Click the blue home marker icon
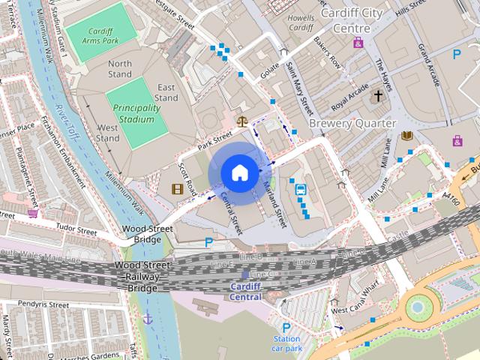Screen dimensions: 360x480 [x=238, y=172]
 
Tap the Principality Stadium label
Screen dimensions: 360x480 [x=136, y=113]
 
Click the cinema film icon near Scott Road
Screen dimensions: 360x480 [x=178, y=188]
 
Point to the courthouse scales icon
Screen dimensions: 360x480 [x=242, y=120]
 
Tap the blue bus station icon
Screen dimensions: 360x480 [x=301, y=189]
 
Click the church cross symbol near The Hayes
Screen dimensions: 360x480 [x=379, y=96]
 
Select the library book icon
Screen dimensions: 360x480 [x=407, y=136]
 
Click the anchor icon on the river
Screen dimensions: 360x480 [x=148, y=318]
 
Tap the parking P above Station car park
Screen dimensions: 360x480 [x=286, y=327]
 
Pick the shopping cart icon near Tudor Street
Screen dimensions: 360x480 [x=32, y=213]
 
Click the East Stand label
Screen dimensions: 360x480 [x=166, y=92]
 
